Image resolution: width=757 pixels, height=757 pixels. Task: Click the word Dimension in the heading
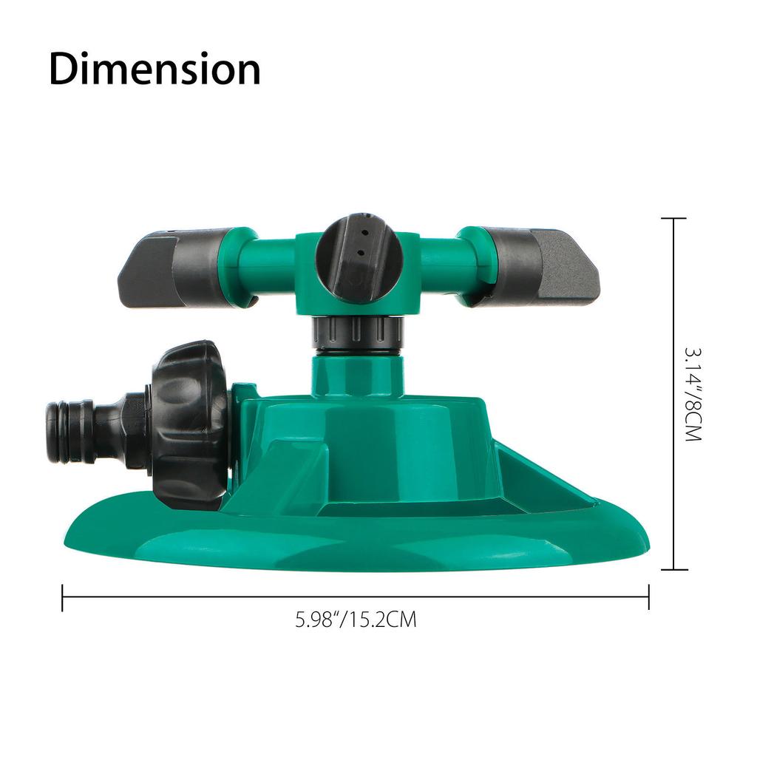pyautogui.click(x=155, y=69)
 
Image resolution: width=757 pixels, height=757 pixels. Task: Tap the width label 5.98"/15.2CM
pyautogui.click(x=356, y=619)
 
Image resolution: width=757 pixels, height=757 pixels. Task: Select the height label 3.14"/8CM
pyautogui.click(x=691, y=395)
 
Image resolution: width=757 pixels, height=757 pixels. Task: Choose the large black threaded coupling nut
pyautogui.click(x=189, y=425)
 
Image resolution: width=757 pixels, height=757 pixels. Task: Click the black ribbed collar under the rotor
pyautogui.click(x=358, y=333)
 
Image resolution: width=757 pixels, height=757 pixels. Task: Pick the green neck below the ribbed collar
pyautogui.click(x=358, y=373)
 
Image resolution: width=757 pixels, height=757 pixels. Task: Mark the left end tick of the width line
pyautogui.click(x=63, y=597)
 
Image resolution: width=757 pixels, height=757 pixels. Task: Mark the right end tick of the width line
pyautogui.click(x=648, y=597)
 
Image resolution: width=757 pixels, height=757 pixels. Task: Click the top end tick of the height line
pyautogui.click(x=673, y=219)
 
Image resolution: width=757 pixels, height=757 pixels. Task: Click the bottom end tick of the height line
pyautogui.click(x=673, y=569)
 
